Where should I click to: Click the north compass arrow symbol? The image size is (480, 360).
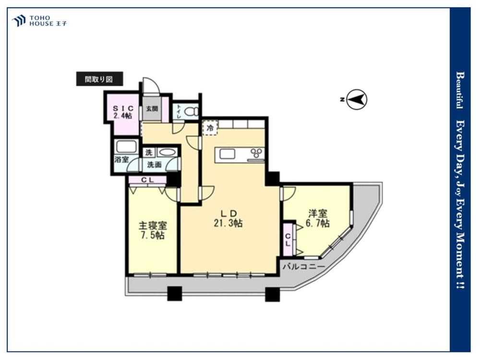[357, 99]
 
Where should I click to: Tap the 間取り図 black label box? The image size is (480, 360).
[99, 79]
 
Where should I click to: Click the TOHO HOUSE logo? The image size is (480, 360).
[39, 21]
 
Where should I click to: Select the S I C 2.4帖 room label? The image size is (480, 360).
[123, 112]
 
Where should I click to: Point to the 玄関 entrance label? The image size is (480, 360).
[152, 108]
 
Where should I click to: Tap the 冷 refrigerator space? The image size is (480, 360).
[210, 128]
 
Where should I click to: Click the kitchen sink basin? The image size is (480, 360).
[227, 154]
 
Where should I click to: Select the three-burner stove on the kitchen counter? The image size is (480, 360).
[256, 153]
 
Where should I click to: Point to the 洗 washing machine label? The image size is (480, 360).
[149, 152]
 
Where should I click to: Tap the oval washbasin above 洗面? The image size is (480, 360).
[167, 153]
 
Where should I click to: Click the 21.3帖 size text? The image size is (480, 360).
[228, 223]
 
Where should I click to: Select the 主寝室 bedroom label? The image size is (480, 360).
[153, 226]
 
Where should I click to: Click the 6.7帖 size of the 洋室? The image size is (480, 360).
[318, 224]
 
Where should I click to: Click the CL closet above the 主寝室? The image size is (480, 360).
[147, 180]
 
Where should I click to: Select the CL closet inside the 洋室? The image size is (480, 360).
[288, 240]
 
